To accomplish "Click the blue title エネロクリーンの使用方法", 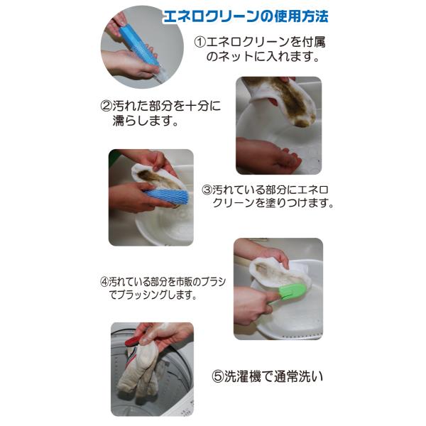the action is pos(246,17).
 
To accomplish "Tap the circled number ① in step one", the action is pos(200,42).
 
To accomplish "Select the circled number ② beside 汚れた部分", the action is pos(106,106).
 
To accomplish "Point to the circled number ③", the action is pos(207,190).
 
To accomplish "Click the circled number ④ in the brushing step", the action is pos(104,282).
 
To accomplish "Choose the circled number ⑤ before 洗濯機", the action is pos(217,377).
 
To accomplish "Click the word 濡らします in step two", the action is pos(146,121).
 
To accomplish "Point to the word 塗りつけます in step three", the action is pos(296,203).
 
